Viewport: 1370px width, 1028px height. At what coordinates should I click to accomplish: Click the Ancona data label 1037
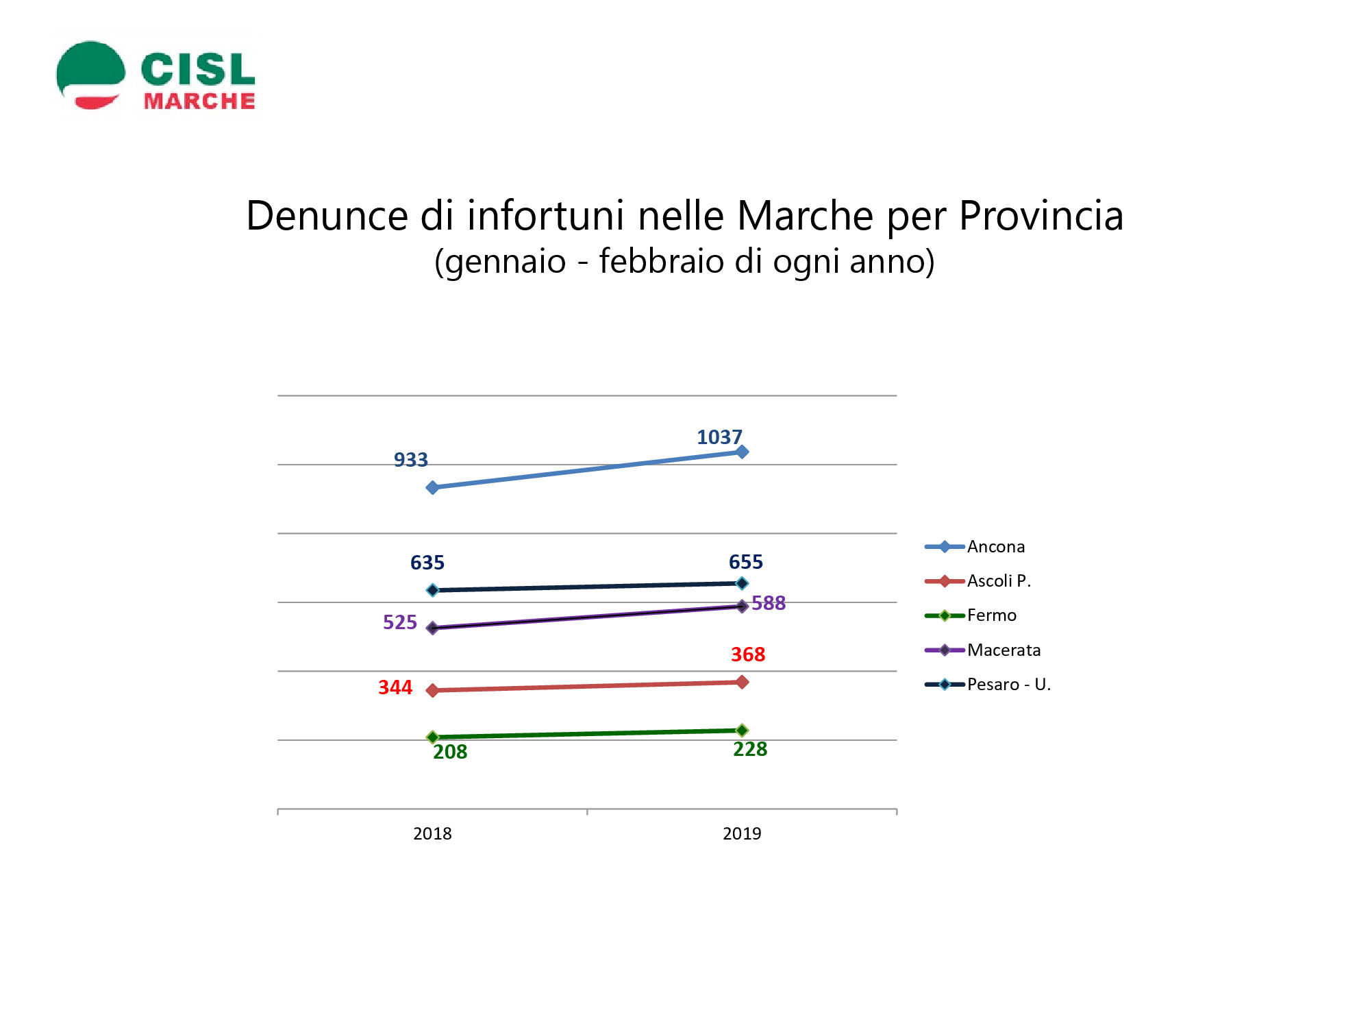point(719,437)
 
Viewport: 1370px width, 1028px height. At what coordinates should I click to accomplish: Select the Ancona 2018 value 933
point(410,460)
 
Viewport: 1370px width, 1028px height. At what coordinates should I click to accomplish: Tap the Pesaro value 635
point(427,563)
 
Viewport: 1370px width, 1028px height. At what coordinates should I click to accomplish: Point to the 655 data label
point(745,562)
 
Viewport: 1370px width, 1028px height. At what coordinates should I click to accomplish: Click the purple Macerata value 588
point(769,603)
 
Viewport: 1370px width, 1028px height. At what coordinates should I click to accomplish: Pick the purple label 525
point(400,622)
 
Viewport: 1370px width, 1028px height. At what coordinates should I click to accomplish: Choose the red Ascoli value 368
point(748,654)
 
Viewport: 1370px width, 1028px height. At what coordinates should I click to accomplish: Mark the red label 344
point(395,687)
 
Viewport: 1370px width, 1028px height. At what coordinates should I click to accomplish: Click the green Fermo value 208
point(450,752)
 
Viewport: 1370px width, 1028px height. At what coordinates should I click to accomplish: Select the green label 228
point(750,749)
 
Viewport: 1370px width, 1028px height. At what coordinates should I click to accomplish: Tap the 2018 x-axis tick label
point(432,833)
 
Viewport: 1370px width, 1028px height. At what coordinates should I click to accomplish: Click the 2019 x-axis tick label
point(742,833)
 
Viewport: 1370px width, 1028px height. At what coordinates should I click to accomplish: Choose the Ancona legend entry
point(975,547)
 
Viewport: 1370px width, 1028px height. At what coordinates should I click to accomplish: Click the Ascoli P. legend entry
point(977,581)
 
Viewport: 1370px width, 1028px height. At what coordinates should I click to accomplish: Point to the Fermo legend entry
point(971,615)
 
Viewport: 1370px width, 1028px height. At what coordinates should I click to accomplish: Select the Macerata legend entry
point(982,650)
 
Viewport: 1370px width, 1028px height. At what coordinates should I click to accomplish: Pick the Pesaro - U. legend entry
point(988,684)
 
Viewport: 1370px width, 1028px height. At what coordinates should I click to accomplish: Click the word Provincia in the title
point(1041,216)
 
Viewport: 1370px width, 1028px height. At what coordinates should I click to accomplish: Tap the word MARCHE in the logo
point(199,101)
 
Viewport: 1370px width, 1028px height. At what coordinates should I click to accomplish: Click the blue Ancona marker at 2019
point(742,452)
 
